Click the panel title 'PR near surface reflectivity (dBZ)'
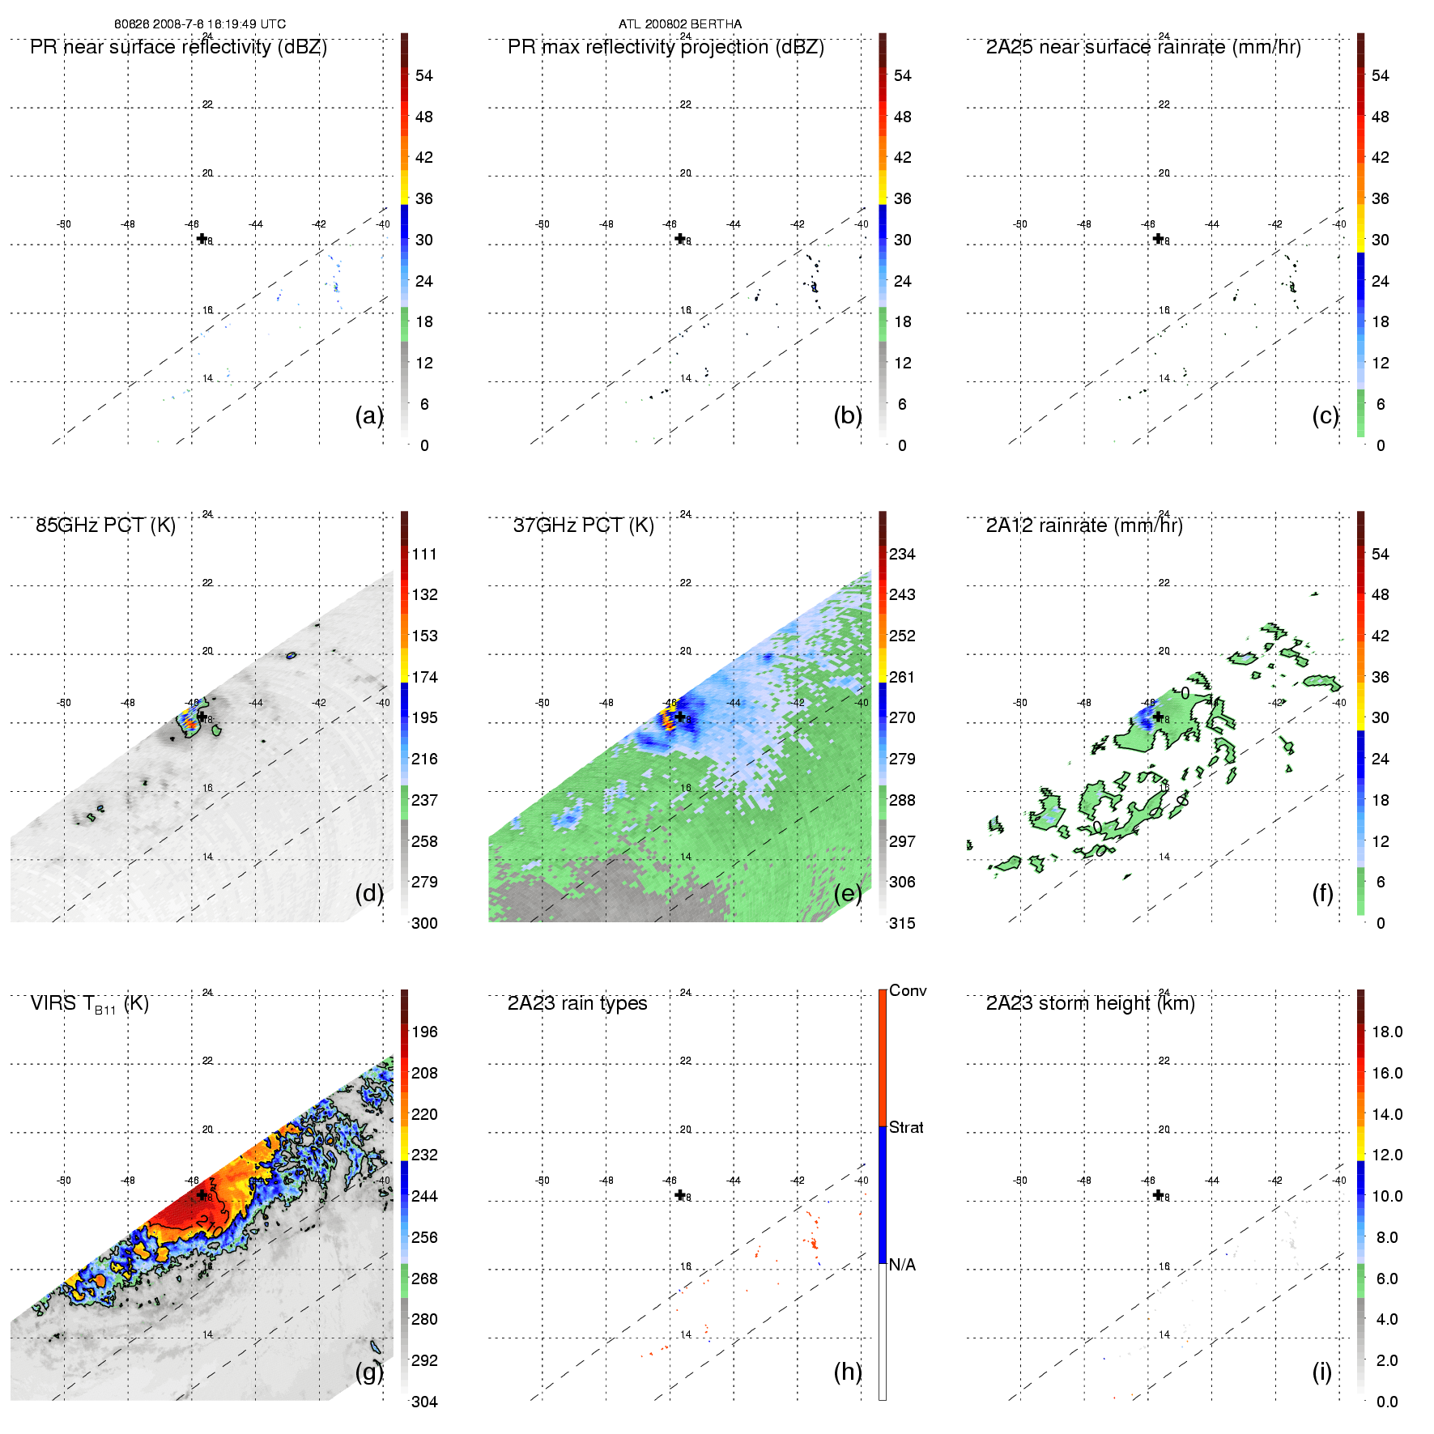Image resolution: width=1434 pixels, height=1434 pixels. point(178,47)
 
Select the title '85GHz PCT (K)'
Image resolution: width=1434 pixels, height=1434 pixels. point(105,526)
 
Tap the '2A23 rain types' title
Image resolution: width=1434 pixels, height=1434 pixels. point(577,1003)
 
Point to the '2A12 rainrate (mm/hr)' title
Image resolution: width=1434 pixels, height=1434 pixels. point(1084,526)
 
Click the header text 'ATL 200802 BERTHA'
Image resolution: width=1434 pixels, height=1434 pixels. point(680,24)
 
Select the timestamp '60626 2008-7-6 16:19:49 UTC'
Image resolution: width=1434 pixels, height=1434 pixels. point(200,24)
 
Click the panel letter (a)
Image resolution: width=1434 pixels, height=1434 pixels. point(369,415)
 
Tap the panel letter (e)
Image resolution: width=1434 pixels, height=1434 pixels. point(848,893)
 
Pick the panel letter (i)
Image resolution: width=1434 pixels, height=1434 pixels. point(1321,1372)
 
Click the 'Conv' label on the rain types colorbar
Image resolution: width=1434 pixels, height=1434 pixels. point(908,991)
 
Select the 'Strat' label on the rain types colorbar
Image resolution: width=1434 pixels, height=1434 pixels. point(906,1128)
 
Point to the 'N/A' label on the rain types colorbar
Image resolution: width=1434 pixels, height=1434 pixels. point(902,1265)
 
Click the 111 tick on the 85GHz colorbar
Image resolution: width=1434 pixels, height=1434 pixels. point(424,555)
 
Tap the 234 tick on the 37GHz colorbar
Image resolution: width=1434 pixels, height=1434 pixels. point(902,555)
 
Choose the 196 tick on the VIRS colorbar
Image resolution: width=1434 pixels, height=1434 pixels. point(424,1032)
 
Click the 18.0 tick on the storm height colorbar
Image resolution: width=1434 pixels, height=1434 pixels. point(1387,1032)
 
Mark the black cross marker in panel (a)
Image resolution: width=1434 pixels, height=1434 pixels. point(202,238)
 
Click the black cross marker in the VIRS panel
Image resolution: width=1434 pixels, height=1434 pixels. point(202,1194)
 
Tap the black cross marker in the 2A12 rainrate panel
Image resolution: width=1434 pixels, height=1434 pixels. point(1158,717)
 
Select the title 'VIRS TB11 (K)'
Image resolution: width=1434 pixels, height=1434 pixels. point(89,1004)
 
